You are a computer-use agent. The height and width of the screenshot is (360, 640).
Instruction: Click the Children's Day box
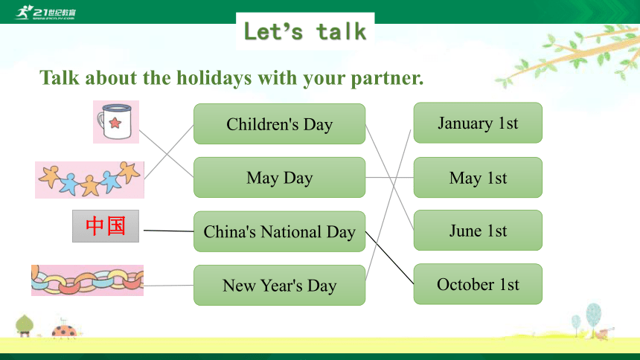pyautogui.click(x=280, y=123)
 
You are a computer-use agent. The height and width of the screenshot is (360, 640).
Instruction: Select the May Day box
pyautogui.click(x=280, y=178)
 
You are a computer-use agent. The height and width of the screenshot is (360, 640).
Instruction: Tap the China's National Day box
pyautogui.click(x=280, y=231)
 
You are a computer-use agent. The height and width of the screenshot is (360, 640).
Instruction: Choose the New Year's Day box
pyautogui.click(x=280, y=286)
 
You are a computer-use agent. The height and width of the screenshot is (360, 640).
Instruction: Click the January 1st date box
pyautogui.click(x=478, y=123)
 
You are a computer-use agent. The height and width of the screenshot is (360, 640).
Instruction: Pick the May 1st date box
pyautogui.click(x=478, y=178)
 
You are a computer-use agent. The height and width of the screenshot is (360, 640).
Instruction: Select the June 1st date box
pyautogui.click(x=478, y=230)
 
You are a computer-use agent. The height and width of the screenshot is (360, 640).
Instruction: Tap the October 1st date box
pyautogui.click(x=478, y=284)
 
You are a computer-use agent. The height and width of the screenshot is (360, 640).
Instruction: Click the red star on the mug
pyautogui.click(x=115, y=123)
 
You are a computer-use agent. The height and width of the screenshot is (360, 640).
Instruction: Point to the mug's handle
pyautogui.click(x=100, y=122)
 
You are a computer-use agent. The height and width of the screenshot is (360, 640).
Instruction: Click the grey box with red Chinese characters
pyautogui.click(x=106, y=226)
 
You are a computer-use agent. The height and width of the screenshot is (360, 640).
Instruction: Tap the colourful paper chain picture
pyautogui.click(x=87, y=280)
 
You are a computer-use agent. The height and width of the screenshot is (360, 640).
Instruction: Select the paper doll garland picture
pyautogui.click(x=89, y=180)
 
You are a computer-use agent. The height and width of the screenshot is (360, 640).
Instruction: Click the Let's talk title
pyautogui.click(x=305, y=31)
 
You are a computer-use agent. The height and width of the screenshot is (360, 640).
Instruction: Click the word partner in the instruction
pyautogui.click(x=387, y=78)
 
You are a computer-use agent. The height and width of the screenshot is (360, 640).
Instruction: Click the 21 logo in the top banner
pyautogui.click(x=45, y=12)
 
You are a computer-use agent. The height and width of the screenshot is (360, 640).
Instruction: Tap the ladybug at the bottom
pyautogui.click(x=65, y=330)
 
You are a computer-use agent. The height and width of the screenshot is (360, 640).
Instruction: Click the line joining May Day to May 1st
pyautogui.click(x=389, y=178)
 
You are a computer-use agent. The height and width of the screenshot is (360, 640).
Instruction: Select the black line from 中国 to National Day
pyautogui.click(x=169, y=231)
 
